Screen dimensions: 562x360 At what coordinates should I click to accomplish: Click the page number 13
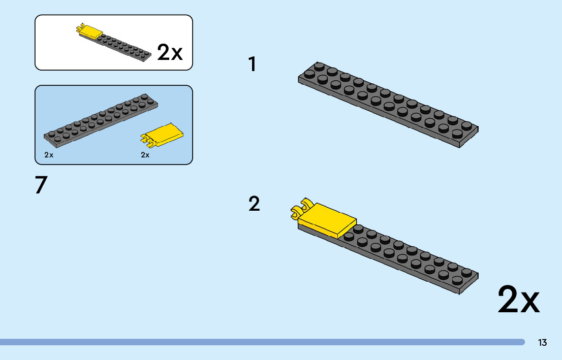click(x=543, y=343)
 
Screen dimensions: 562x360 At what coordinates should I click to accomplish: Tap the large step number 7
click(x=41, y=186)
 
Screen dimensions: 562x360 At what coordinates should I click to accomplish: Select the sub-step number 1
click(x=252, y=64)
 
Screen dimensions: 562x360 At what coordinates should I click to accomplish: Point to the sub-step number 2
click(x=254, y=204)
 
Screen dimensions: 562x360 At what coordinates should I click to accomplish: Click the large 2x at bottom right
click(x=518, y=300)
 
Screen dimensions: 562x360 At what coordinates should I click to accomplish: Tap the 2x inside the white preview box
click(x=170, y=52)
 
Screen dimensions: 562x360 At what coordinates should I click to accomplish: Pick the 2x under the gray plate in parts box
click(x=49, y=155)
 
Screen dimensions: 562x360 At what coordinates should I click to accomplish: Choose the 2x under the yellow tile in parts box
click(x=145, y=155)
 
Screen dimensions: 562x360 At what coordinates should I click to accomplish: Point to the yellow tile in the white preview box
click(x=91, y=32)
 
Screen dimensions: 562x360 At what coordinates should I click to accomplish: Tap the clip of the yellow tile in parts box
click(x=145, y=138)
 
